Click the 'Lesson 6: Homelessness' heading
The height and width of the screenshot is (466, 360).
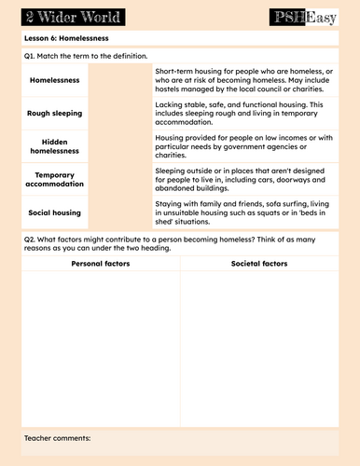pyautogui.click(x=66, y=38)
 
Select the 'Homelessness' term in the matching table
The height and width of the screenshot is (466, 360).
pyautogui.click(x=57, y=81)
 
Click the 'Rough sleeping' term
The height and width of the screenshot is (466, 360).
pyautogui.click(x=57, y=114)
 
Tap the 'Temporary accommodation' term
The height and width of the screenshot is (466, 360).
pyautogui.click(x=57, y=179)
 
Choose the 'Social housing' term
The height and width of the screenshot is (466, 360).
pyautogui.click(x=57, y=212)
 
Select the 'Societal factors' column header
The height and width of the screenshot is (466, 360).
pyautogui.click(x=258, y=265)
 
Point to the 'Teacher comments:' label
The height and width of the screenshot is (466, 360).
pyautogui.click(x=58, y=437)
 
